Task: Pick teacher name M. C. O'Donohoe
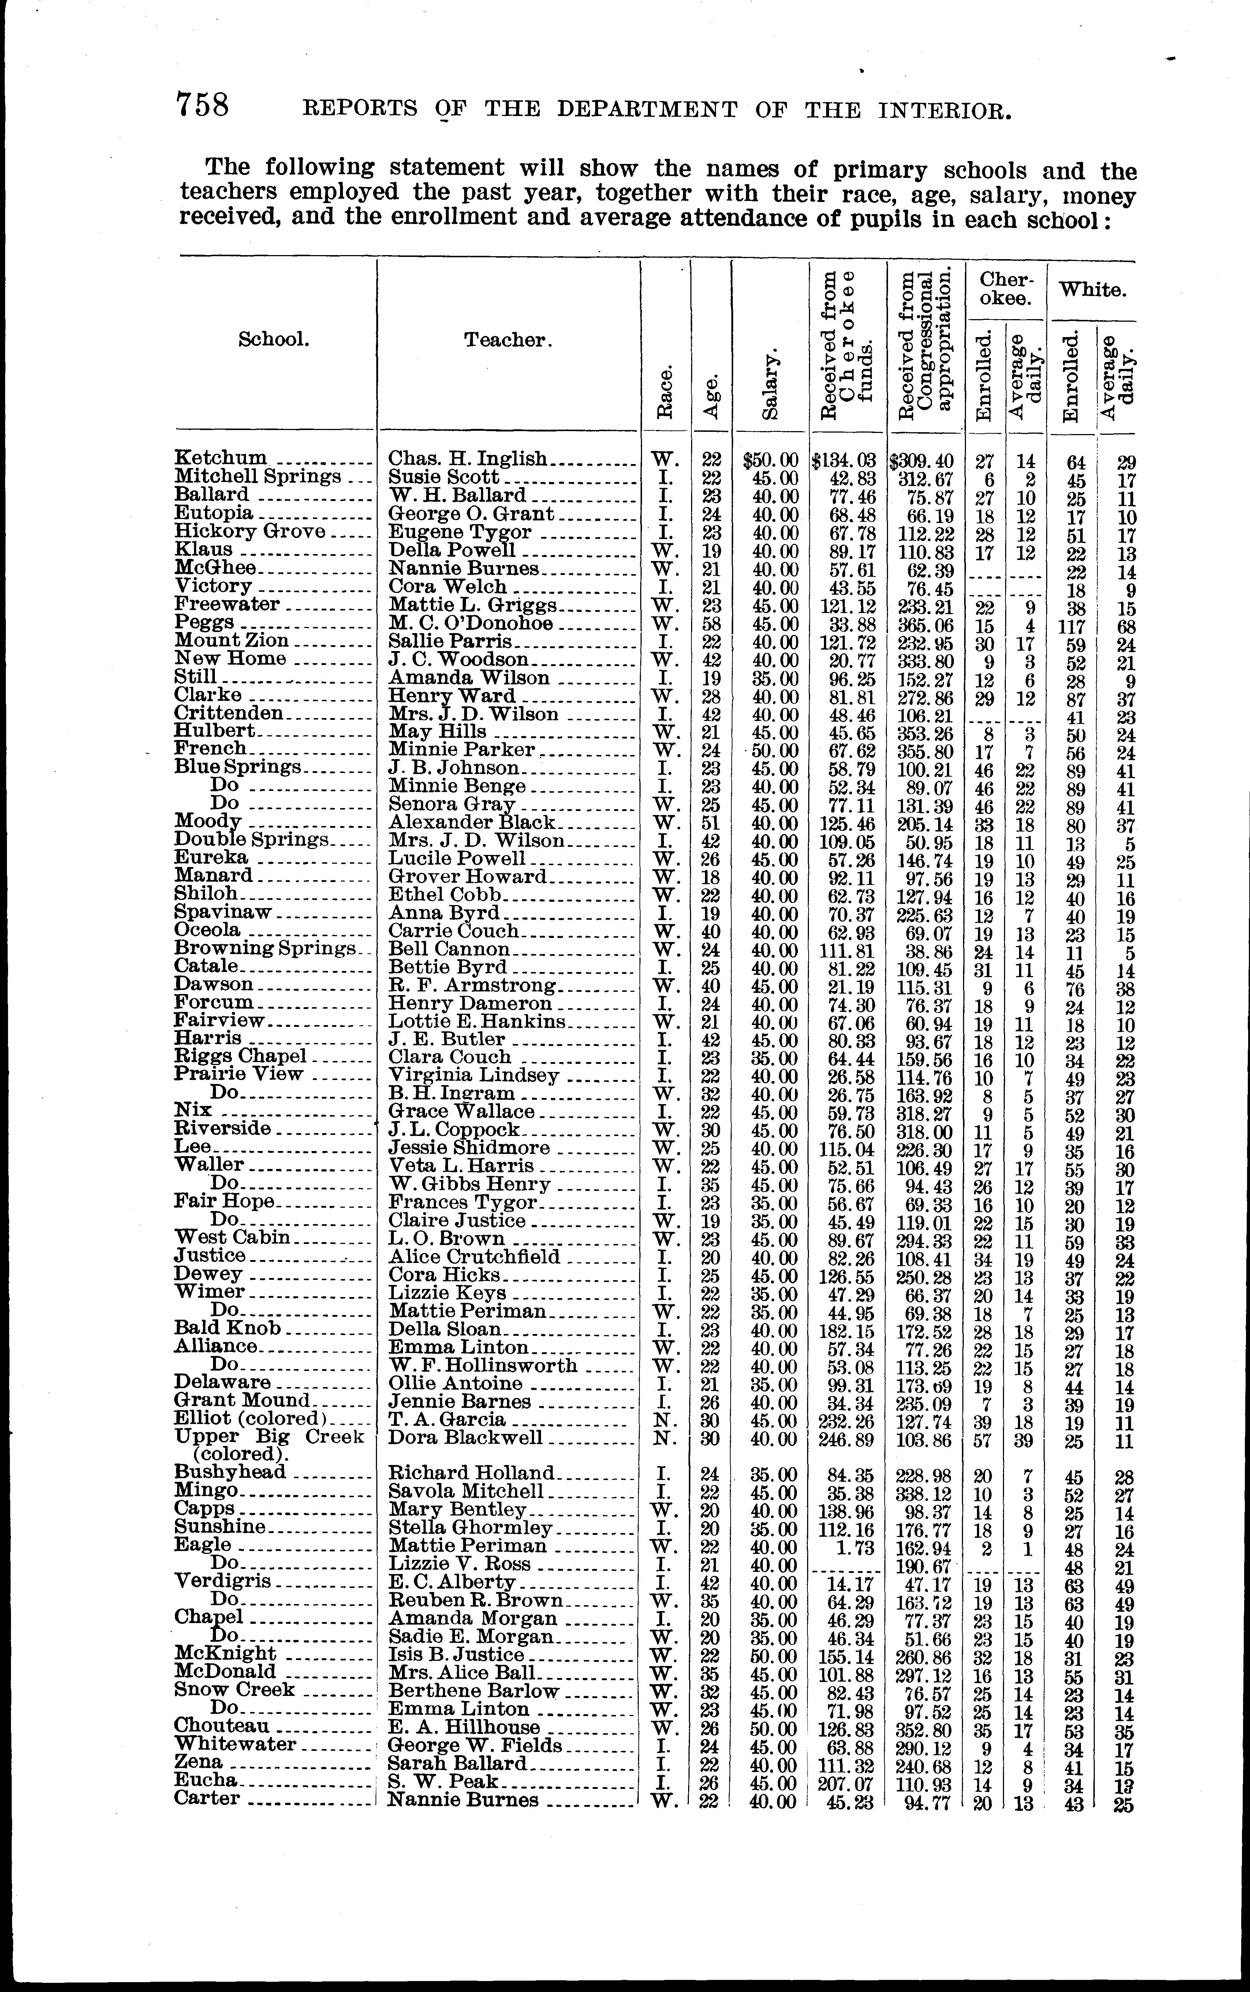[x=470, y=623]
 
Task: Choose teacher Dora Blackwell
[x=466, y=1438]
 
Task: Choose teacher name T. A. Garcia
[x=447, y=1419]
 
